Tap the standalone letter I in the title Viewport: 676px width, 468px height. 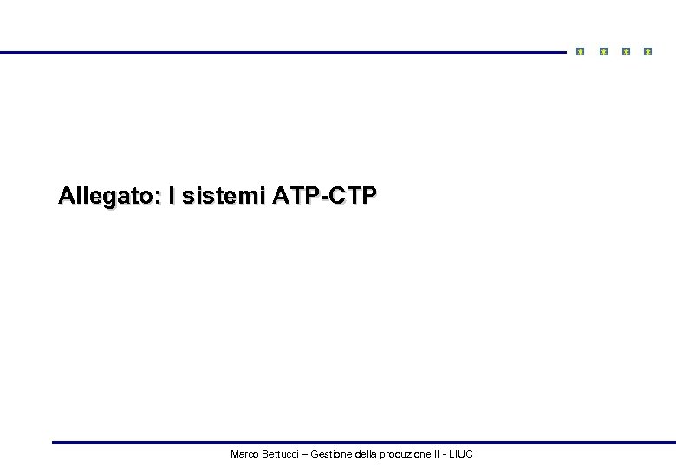pyautogui.click(x=172, y=197)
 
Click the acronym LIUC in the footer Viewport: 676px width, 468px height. pyautogui.click(x=461, y=454)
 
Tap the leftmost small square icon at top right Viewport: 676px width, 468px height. pyautogui.click(x=581, y=52)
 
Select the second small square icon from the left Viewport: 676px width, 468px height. pyautogui.click(x=604, y=52)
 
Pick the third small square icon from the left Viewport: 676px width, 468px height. pyautogui.click(x=626, y=52)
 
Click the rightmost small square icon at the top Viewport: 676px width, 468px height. pyautogui.click(x=647, y=52)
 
